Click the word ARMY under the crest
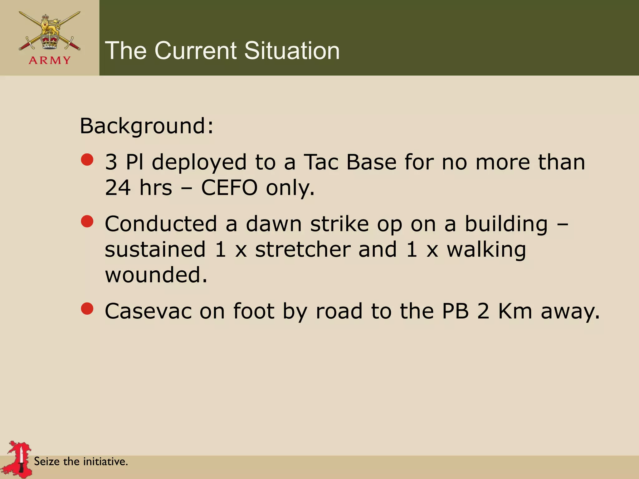point(50,60)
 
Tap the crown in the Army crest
point(50,41)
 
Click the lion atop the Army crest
point(50,27)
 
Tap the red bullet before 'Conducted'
point(87,221)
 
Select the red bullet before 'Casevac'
point(87,309)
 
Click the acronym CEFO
point(229,188)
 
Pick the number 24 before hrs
point(118,188)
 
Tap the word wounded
point(156,275)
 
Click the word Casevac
point(148,311)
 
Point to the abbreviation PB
point(455,311)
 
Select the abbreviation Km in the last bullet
point(515,311)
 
